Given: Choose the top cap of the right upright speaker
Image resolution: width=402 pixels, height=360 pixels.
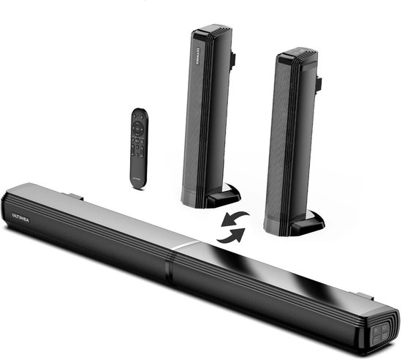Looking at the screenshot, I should (x=299, y=54).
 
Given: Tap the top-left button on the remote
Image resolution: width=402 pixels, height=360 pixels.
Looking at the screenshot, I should (x=131, y=115).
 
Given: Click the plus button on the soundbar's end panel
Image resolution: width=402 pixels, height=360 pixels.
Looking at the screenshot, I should (x=376, y=329).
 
